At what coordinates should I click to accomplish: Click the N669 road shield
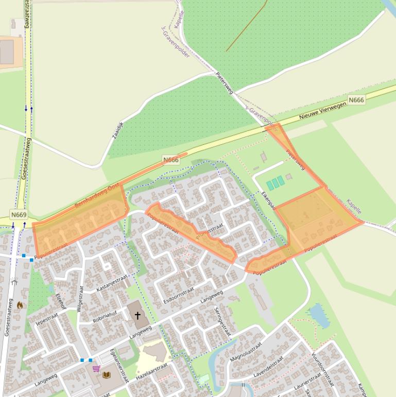click(19, 214)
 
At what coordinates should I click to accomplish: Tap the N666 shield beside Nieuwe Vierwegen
click(356, 100)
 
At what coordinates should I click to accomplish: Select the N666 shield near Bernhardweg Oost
click(170, 160)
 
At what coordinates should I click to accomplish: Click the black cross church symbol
click(137, 315)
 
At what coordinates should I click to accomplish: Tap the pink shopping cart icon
click(96, 368)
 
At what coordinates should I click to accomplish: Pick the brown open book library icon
click(107, 375)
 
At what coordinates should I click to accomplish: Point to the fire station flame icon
click(20, 305)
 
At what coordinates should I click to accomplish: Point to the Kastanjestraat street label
click(112, 284)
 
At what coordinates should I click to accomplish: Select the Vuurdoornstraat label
click(322, 369)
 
